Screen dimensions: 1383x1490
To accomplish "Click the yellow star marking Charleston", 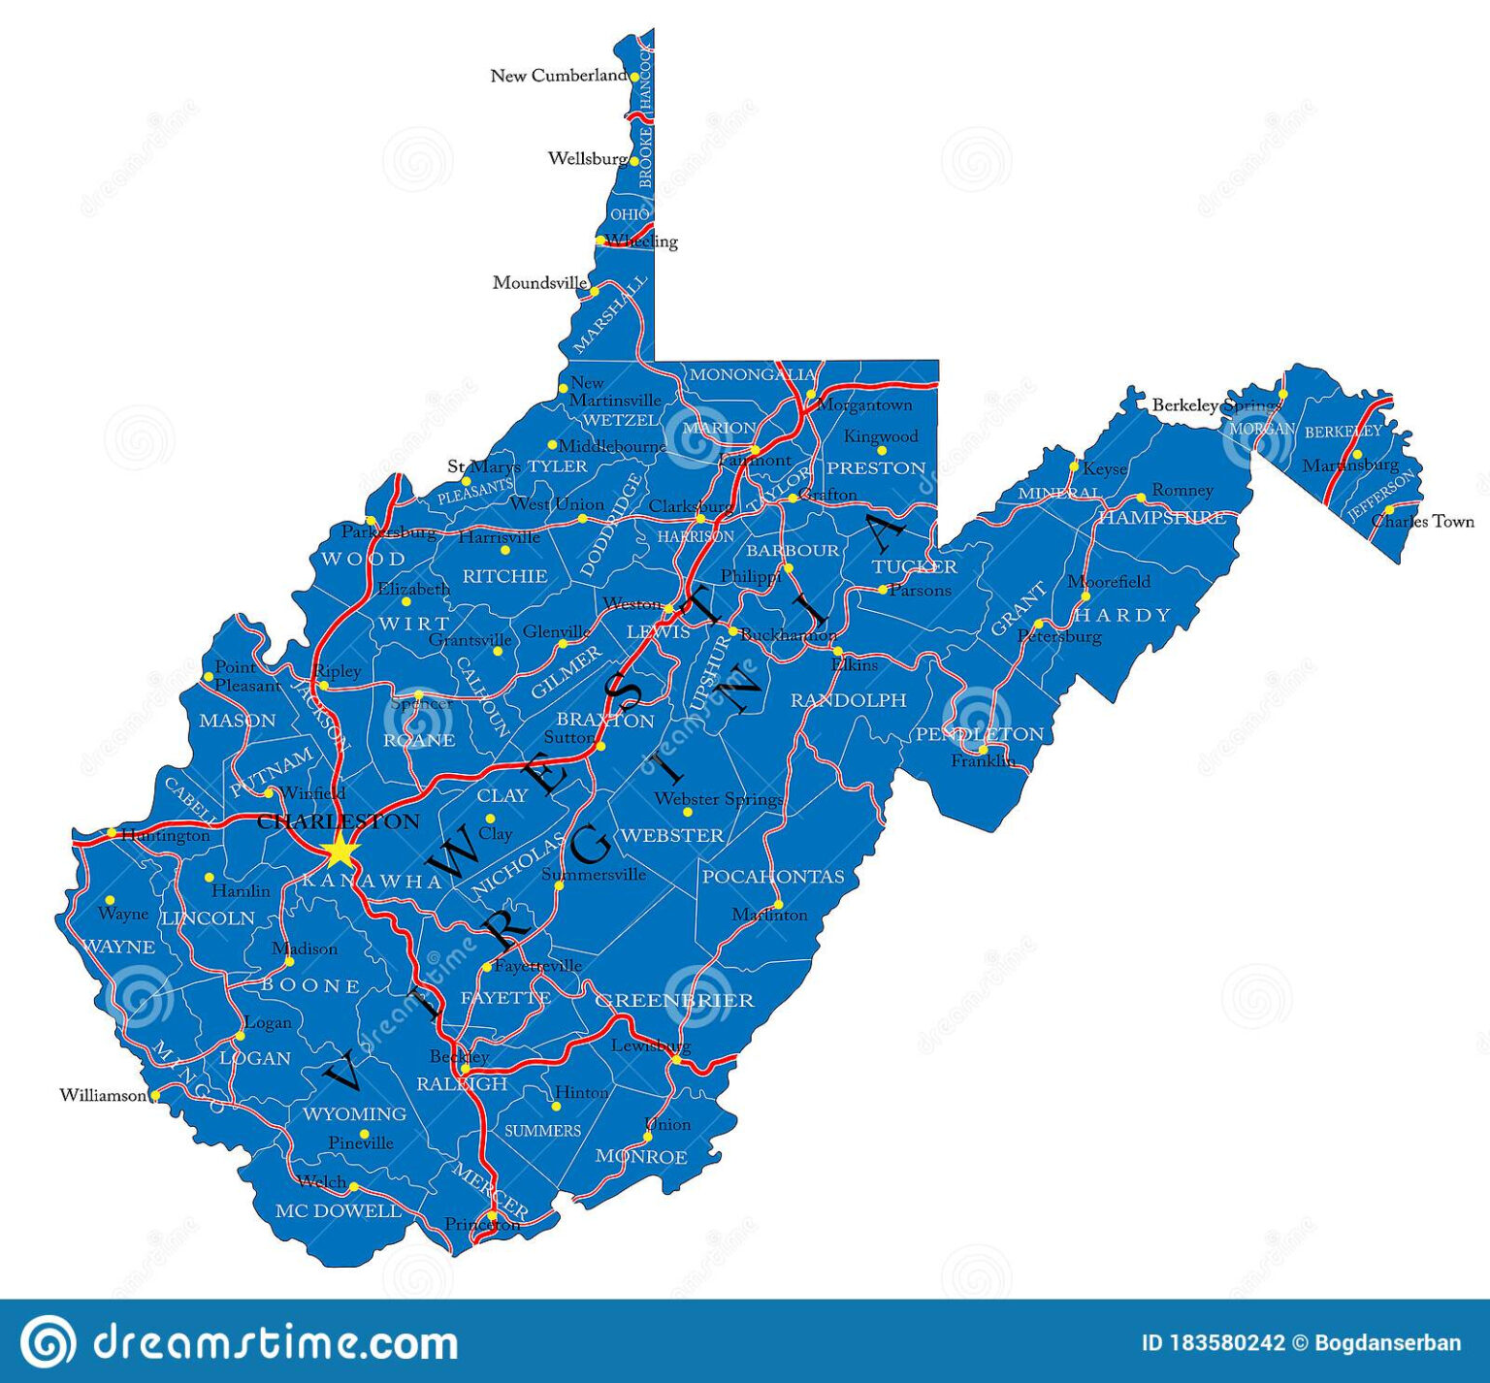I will coord(340,852).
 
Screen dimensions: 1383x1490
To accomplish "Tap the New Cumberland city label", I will coord(559,76).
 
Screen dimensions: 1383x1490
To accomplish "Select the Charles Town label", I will coord(1422,521).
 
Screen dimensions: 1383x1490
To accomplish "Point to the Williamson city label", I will coord(103,1095).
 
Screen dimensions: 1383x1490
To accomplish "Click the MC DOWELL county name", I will coord(339,1210).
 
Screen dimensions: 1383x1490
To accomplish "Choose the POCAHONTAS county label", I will coord(772,877).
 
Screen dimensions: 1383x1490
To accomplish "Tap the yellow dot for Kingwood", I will coord(882,451).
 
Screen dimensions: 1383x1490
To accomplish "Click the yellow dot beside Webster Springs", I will coord(687,812).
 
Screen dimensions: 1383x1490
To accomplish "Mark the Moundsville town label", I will coord(539,283).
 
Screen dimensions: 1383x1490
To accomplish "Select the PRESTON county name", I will coord(876,467).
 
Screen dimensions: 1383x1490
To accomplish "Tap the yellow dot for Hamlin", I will coord(209,878).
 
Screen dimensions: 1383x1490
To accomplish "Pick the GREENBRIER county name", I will coord(674,1000).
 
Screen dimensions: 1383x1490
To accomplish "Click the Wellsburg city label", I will coord(588,158).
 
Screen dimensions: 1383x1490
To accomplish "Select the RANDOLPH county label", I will coord(848,700).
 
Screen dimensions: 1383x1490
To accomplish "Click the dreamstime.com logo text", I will coord(275,1342).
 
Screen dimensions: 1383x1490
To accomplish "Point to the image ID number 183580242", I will coord(1227,1343).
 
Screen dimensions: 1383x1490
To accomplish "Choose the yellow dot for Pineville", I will coord(364,1134).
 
